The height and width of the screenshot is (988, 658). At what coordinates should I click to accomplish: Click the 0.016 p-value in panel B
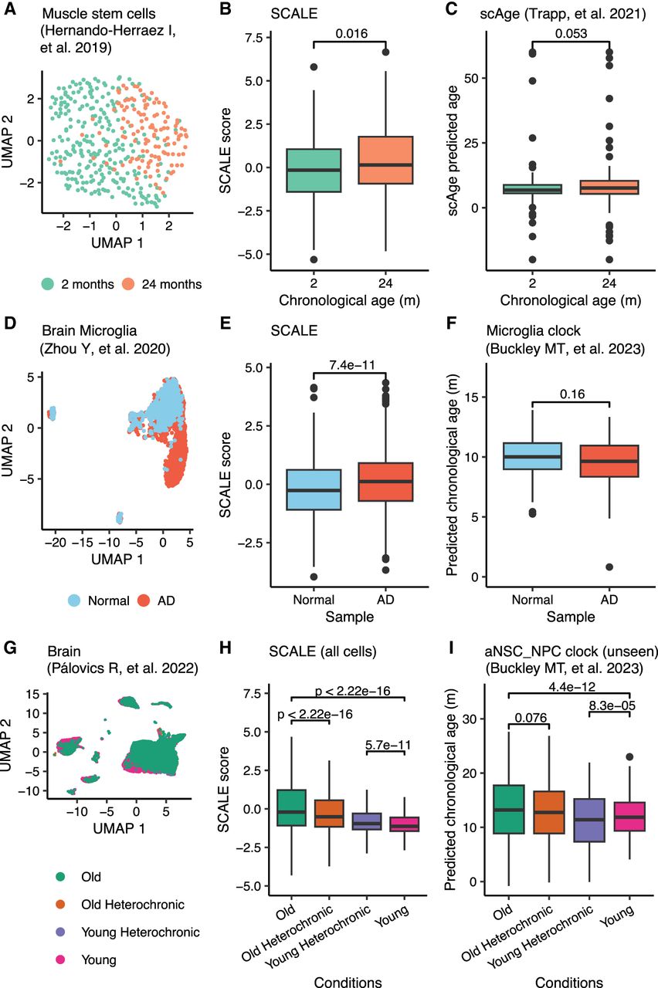351,33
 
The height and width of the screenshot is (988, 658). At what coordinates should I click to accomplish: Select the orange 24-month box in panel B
385,160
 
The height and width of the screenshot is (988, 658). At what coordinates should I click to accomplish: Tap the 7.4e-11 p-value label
351,365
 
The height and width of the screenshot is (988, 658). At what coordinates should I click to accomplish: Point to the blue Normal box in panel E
314,489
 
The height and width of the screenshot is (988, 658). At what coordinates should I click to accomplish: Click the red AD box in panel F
609,461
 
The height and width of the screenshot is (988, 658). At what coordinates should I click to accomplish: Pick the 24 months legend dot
128,284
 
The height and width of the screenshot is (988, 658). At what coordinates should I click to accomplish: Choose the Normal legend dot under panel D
74,601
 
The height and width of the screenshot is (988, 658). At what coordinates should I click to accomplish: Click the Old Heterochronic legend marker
60,904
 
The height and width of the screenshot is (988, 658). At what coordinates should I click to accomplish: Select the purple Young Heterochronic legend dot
60,932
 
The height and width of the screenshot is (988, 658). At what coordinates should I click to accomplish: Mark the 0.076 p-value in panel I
531,718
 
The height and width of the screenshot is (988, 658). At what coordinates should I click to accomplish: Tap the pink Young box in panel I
629,817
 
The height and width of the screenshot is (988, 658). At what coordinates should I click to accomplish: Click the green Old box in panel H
291,807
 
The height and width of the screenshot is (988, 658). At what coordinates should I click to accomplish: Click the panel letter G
10,648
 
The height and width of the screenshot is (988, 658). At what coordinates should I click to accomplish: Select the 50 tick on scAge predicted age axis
472,79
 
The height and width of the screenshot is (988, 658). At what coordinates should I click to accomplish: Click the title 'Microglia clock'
533,331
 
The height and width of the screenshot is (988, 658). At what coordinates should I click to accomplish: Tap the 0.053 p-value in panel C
571,33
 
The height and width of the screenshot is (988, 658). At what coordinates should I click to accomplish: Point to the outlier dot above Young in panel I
629,757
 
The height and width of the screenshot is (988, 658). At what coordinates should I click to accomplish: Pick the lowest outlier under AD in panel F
609,567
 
